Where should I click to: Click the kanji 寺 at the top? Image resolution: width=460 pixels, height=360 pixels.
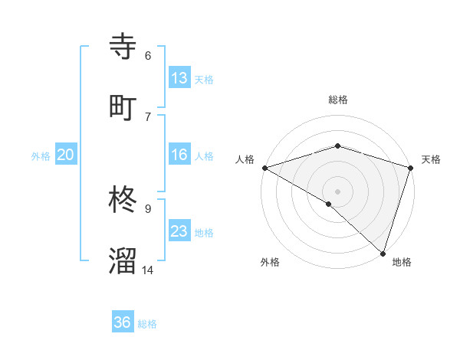click(x=123, y=47)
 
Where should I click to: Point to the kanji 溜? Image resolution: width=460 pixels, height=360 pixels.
click(x=123, y=260)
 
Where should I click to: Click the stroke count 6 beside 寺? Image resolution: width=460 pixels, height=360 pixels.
click(x=148, y=56)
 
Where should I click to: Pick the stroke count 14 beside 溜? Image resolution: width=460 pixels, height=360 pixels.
click(x=148, y=270)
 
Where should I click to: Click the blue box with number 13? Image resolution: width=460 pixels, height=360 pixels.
click(x=179, y=77)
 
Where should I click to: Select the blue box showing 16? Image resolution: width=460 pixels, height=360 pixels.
click(x=179, y=155)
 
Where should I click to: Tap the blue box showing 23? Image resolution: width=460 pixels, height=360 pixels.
click(x=179, y=231)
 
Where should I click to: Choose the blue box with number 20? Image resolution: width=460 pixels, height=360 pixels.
click(x=66, y=155)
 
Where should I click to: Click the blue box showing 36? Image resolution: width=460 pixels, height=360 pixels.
click(x=123, y=322)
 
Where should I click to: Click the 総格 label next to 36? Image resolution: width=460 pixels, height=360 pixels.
click(x=148, y=324)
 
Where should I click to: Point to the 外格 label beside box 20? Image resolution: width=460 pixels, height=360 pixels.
click(x=41, y=156)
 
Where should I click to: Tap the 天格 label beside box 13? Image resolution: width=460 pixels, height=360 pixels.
click(x=204, y=79)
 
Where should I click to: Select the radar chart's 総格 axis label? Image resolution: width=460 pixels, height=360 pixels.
click(x=338, y=100)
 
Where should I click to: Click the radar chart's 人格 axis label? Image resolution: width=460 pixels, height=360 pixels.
click(x=245, y=159)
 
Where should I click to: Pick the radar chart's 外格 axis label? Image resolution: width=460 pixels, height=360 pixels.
click(x=270, y=262)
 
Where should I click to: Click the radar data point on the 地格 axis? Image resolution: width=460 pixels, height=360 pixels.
click(x=383, y=253)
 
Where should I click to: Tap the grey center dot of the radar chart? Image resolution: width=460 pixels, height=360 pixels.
click(x=337, y=191)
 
